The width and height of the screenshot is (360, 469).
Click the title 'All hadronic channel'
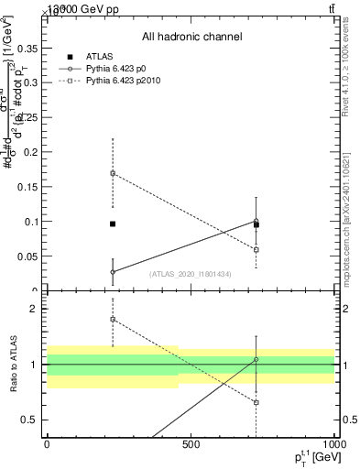click(x=191, y=38)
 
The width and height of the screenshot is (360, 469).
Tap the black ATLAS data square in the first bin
click(x=113, y=224)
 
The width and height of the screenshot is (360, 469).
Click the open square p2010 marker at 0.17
click(x=113, y=173)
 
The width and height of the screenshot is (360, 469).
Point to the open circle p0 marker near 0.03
click(x=113, y=272)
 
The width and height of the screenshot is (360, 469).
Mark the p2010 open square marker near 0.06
click(x=256, y=249)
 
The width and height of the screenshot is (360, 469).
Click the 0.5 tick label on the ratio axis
click(x=30, y=420)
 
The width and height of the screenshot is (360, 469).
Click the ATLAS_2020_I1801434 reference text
click(x=188, y=274)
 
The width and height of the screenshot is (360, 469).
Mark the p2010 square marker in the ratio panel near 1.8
click(x=113, y=320)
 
